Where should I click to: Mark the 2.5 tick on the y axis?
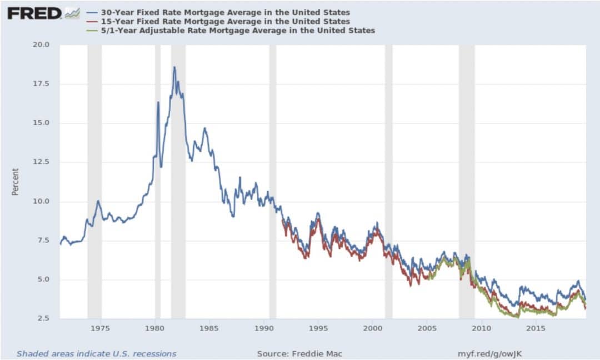[x=43, y=319]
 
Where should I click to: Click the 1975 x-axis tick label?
[x=101, y=328]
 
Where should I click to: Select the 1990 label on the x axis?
[x=264, y=328]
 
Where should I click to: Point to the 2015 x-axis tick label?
[x=536, y=328]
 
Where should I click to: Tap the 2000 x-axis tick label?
[x=372, y=328]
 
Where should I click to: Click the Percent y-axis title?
[x=16, y=182]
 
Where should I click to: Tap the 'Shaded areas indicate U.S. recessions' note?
[x=96, y=353]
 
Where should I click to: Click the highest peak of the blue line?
[x=174, y=68]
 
